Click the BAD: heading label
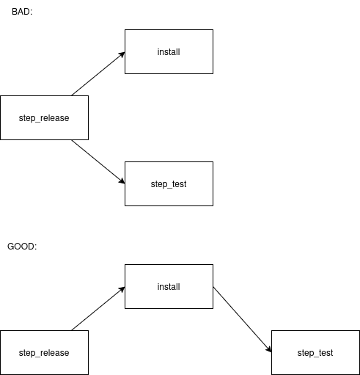pyautogui.click(x=22, y=12)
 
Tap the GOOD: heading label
pyautogui.click(x=22, y=247)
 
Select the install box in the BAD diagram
pyautogui.click(x=169, y=51)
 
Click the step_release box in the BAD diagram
pyautogui.click(x=44, y=117)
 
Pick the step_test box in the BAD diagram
pyautogui.click(x=169, y=183)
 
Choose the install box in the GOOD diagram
pyautogui.click(x=169, y=286)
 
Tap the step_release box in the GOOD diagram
pyautogui.click(x=44, y=352)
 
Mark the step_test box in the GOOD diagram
pyautogui.click(x=315, y=352)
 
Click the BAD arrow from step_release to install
pyautogui.click(x=98, y=73)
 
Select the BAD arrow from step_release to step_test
pyautogui.click(x=98, y=161)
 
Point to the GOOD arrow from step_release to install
pyautogui.click(x=98, y=308)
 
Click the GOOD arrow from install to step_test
pyautogui.click(x=242, y=319)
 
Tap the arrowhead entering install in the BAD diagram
pyautogui.click(x=122, y=54)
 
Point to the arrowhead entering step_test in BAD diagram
pyautogui.click(x=122, y=181)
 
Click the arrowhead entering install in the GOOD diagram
pyautogui.click(x=122, y=289)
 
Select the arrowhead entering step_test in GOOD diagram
pyautogui.click(x=269, y=349)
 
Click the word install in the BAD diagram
pyautogui.click(x=169, y=52)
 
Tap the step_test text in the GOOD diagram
pyautogui.click(x=315, y=353)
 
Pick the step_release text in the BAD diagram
pyautogui.click(x=44, y=118)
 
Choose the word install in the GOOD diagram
pyautogui.click(x=169, y=287)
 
